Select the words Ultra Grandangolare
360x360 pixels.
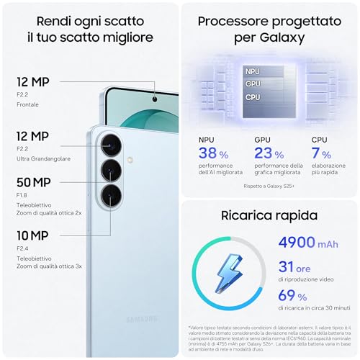coord(45,158)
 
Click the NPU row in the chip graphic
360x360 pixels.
coord(252,71)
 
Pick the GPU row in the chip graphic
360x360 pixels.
coord(252,84)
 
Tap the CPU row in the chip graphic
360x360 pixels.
coord(252,96)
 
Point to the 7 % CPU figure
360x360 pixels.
coord(320,153)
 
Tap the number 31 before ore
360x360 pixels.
coord(287,268)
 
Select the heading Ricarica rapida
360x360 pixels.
coord(270,215)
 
